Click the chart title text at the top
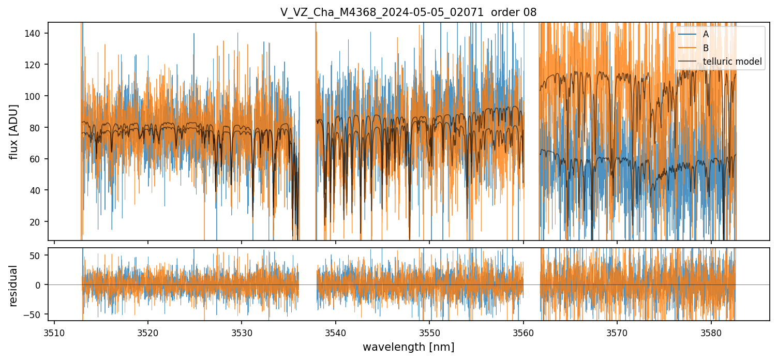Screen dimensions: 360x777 408,12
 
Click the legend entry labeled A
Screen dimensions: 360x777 706,35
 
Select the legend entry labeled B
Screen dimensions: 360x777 706,48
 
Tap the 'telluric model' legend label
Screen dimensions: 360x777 732,62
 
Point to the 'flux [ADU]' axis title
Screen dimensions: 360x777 14,131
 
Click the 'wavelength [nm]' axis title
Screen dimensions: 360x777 408,347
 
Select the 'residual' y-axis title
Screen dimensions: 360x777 14,286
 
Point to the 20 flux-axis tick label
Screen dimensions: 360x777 38,222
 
